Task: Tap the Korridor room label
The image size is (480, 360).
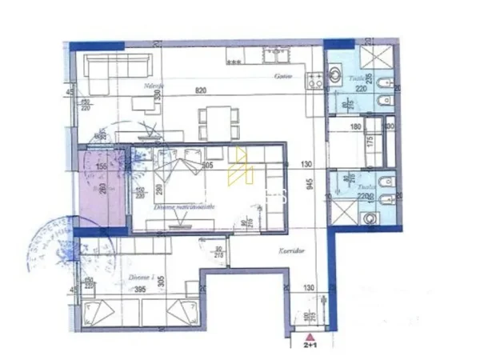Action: tap(270, 250)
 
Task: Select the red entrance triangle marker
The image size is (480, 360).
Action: tap(308, 338)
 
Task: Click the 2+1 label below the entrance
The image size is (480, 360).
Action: tap(308, 350)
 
